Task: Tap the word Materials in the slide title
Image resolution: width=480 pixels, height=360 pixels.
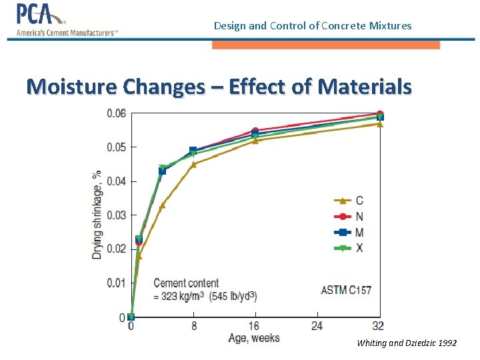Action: click(365, 87)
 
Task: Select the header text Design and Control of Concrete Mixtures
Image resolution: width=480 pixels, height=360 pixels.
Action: click(313, 26)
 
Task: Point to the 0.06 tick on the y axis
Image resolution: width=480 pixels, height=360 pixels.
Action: click(116, 113)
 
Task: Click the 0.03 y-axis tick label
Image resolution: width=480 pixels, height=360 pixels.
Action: click(116, 215)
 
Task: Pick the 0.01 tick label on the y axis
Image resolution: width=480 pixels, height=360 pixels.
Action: click(116, 283)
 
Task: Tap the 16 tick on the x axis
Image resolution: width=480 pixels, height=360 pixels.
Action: click(255, 326)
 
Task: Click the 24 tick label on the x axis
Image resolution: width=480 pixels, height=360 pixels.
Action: click(317, 326)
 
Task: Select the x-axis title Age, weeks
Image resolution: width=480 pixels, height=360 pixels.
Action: click(254, 338)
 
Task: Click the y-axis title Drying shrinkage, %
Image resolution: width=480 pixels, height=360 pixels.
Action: click(97, 215)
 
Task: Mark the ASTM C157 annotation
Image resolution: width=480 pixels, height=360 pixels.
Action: click(346, 290)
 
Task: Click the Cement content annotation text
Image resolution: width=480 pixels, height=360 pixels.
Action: click(186, 283)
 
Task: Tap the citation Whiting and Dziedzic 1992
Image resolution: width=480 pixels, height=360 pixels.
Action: click(407, 343)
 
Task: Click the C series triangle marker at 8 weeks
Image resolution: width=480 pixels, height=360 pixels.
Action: click(193, 164)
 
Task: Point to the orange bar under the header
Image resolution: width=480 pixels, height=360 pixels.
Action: click(326, 45)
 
